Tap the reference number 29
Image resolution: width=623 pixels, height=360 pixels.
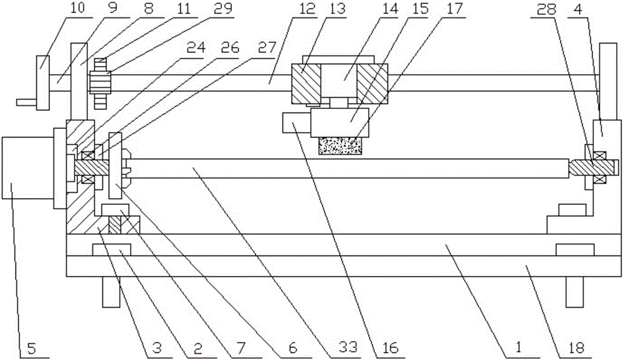(222, 9)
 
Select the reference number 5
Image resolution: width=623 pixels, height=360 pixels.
(31, 348)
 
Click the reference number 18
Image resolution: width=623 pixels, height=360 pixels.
(576, 348)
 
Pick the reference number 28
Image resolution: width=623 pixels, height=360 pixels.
(546, 9)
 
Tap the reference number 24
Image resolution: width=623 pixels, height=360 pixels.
(196, 47)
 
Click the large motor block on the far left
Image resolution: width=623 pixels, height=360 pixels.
(27, 168)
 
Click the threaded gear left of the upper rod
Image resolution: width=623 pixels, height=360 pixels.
(101, 83)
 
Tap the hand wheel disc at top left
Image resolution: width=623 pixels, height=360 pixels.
(43, 83)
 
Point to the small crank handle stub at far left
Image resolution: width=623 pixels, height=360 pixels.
(27, 102)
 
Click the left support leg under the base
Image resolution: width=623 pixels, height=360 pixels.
(111, 291)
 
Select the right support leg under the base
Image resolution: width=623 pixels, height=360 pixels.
(575, 291)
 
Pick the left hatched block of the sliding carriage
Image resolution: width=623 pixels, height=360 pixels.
(306, 82)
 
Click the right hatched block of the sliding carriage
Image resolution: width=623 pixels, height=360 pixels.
(372, 82)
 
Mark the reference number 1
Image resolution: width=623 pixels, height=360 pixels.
(518, 348)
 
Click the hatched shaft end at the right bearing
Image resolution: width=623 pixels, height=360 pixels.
(594, 168)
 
